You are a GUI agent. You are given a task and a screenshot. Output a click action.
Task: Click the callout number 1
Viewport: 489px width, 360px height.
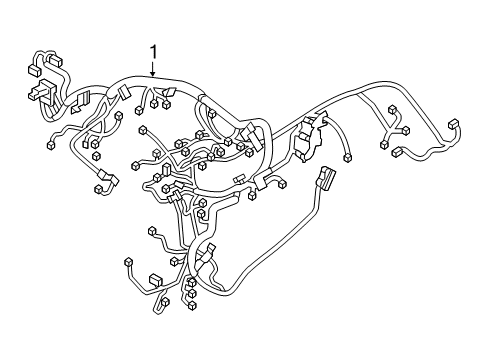click(x=153, y=52)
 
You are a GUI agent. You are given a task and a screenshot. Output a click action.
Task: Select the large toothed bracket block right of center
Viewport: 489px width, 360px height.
click(x=313, y=132)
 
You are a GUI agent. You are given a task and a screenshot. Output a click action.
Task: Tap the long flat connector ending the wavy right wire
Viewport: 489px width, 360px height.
click(x=398, y=153)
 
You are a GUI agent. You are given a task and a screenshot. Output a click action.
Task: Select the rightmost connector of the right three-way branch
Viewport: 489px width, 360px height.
click(x=406, y=131)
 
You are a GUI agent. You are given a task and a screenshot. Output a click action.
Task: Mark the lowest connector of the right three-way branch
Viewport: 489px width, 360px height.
click(x=385, y=145)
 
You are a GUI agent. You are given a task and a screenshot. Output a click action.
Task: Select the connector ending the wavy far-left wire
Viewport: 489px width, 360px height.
click(x=49, y=146)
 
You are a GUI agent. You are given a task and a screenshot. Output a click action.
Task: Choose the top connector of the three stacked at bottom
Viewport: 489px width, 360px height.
click(x=191, y=282)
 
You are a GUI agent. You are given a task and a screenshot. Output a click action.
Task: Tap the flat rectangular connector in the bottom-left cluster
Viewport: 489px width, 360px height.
click(x=156, y=280)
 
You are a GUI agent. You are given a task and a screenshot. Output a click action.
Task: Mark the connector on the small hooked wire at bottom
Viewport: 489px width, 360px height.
click(x=164, y=302)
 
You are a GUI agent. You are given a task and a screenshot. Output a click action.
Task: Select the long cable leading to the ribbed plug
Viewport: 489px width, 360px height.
click(x=290, y=250)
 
